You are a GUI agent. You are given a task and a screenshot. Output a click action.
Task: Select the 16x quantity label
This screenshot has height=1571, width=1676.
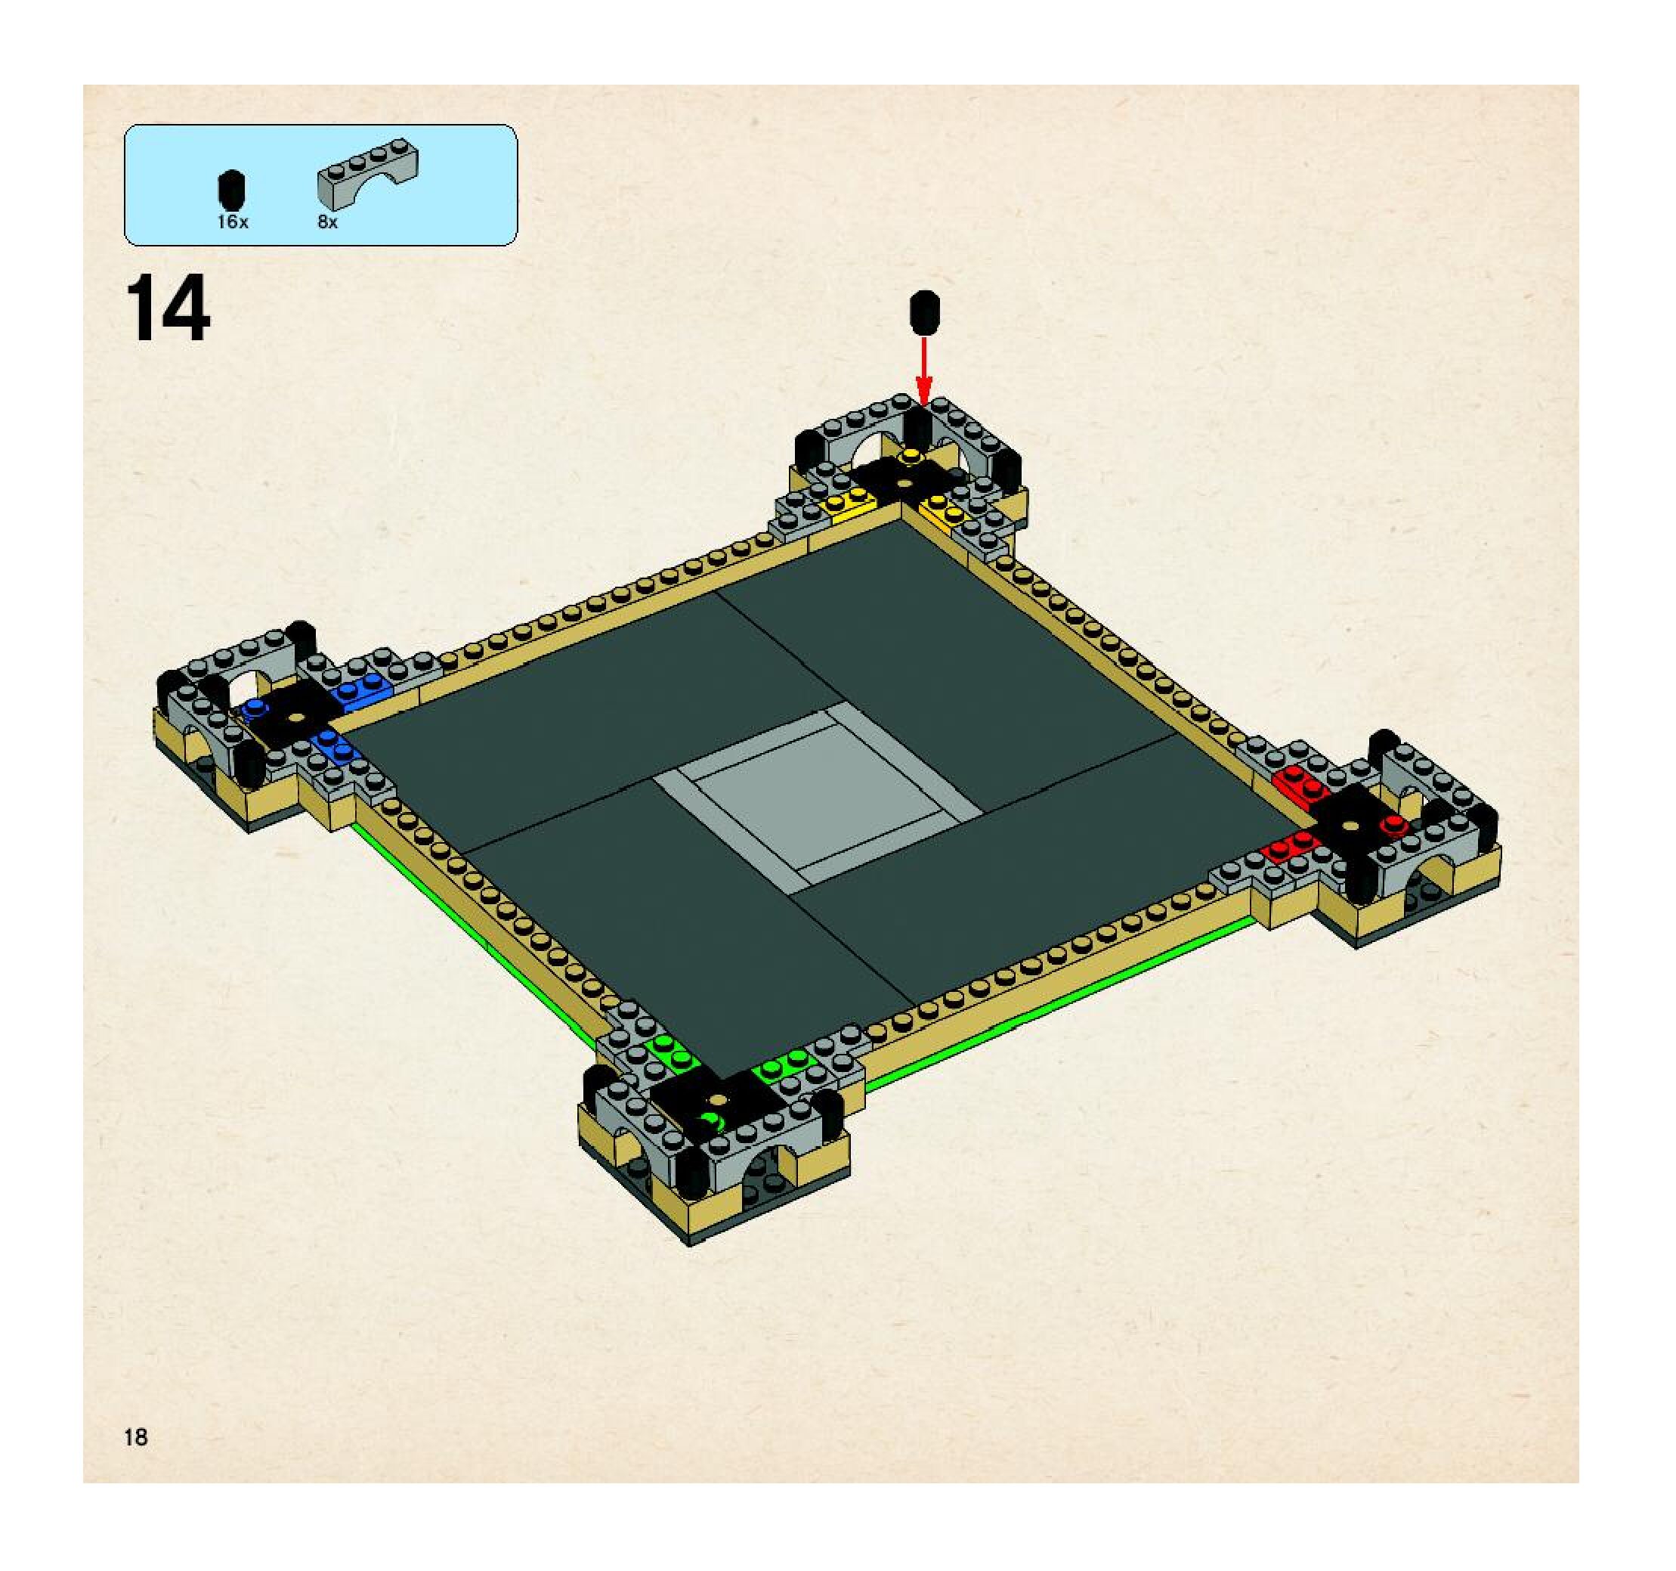point(232,222)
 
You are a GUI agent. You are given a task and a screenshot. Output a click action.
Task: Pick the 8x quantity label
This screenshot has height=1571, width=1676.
point(327,222)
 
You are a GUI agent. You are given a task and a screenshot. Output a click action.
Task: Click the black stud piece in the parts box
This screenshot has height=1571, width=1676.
point(232,191)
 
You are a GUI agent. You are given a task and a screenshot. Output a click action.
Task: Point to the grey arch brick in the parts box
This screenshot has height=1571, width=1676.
point(367,174)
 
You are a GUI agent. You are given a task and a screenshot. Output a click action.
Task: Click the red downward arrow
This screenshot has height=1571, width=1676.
point(924,371)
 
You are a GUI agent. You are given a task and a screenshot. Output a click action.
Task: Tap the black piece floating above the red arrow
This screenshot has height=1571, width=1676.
point(925,312)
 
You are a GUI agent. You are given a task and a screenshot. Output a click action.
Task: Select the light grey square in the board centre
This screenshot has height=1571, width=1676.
point(817,795)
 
